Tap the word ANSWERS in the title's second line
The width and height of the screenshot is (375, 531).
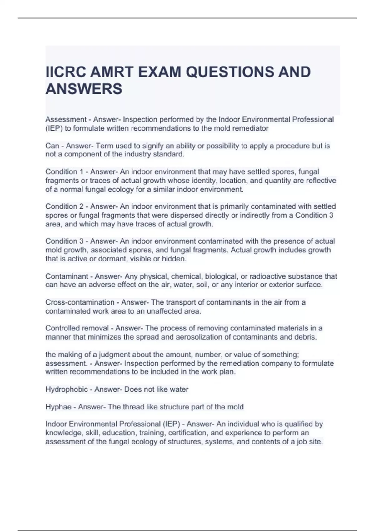point(84,89)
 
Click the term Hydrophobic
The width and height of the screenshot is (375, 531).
point(67,389)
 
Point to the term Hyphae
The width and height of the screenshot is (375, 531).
point(58,407)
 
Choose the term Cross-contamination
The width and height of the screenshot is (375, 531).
point(80,302)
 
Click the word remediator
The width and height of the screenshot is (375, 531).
point(250,128)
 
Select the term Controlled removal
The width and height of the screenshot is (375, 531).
point(77,328)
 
